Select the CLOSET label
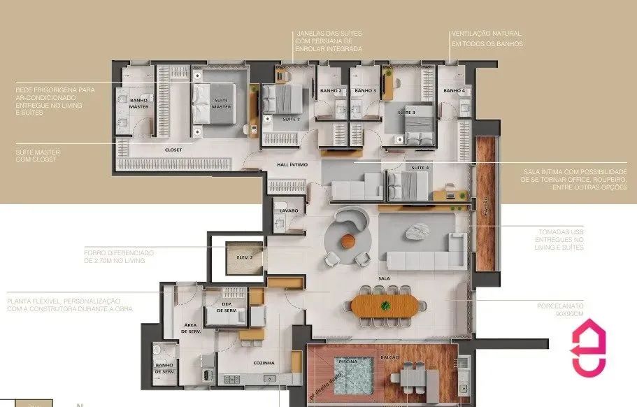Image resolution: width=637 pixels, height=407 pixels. click(x=173, y=149)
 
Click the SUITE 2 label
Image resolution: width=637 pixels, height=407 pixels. click(x=271, y=120)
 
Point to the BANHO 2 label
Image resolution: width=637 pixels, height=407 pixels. click(x=331, y=91)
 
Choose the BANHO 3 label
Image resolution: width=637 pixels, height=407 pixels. click(x=365, y=91)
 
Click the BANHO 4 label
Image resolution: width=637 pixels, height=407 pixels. click(x=455, y=91)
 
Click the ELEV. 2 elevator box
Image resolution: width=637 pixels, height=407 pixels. click(x=244, y=257)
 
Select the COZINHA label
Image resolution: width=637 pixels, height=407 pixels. click(x=264, y=363)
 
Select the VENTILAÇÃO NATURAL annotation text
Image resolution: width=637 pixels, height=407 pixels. click(x=486, y=38)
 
